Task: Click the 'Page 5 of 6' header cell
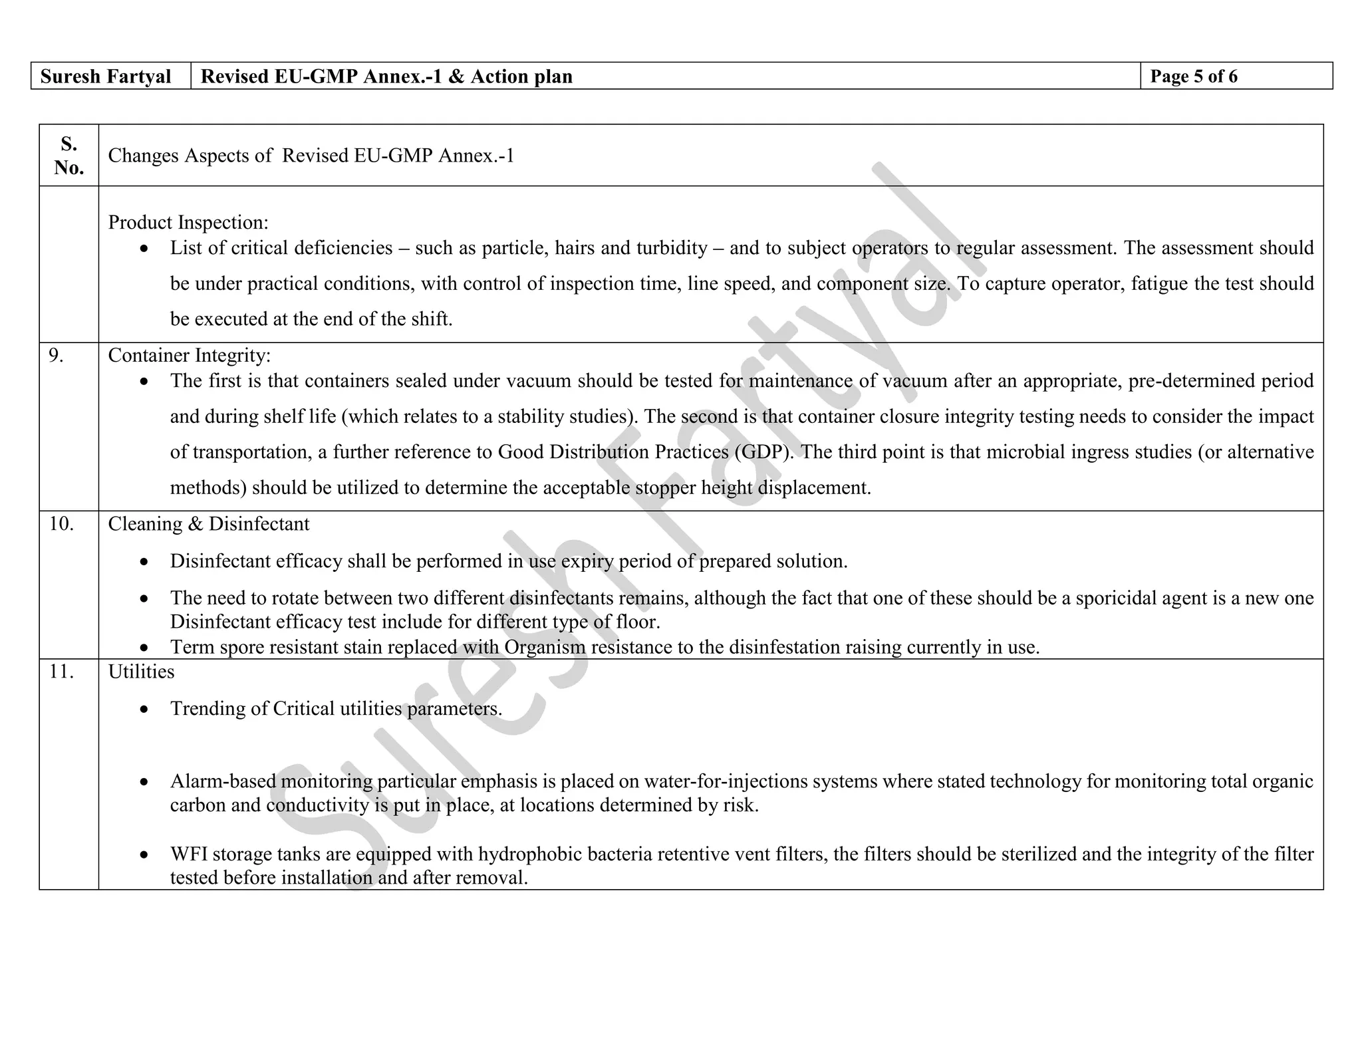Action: pos(1193,76)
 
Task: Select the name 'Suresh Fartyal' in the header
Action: pos(105,76)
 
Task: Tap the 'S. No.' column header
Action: pos(68,155)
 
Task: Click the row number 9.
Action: pos(57,356)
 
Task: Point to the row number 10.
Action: pos(61,524)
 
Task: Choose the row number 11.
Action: pos(61,672)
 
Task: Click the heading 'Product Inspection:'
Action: pos(188,223)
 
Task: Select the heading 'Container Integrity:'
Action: pos(189,356)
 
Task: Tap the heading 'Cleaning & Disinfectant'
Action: pos(208,524)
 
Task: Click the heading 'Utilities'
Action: pos(141,672)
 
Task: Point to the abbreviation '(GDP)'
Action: pos(764,452)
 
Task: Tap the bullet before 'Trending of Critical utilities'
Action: pos(144,710)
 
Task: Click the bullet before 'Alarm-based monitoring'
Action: pos(144,783)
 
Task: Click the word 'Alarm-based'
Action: pos(223,781)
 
